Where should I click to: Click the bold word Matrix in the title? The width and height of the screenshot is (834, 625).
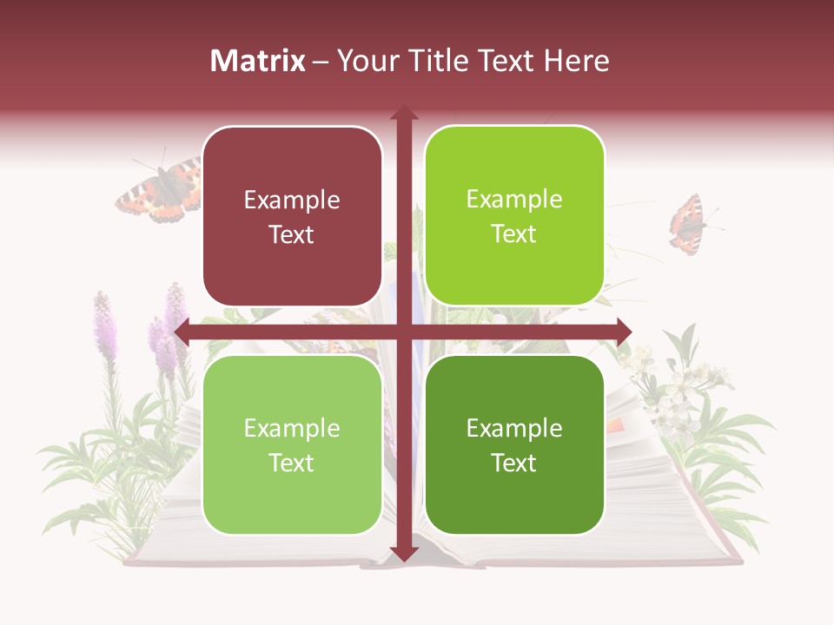click(x=257, y=61)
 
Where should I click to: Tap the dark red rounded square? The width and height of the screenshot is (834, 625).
click(x=292, y=216)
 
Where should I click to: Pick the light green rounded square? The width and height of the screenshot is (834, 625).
click(x=292, y=444)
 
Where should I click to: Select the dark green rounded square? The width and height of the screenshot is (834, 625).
click(x=514, y=444)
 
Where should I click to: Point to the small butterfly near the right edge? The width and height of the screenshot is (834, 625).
click(x=689, y=225)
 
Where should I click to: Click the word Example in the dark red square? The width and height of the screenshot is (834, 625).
click(x=292, y=201)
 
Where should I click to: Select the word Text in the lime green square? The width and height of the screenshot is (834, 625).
click(x=514, y=234)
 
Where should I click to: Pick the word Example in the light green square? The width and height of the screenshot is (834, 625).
click(x=292, y=429)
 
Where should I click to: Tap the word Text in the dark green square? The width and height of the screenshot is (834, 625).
click(x=514, y=463)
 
